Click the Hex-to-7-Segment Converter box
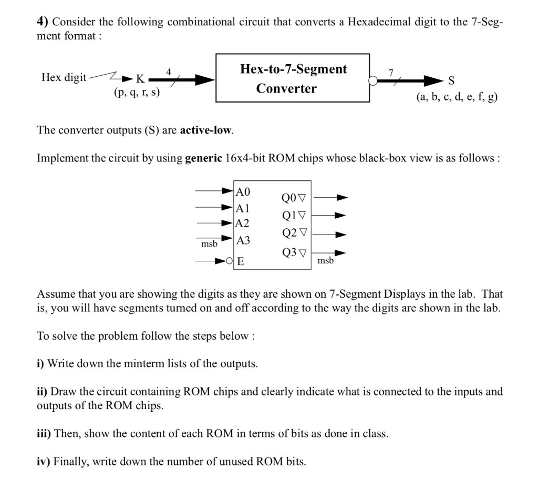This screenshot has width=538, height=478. click(293, 78)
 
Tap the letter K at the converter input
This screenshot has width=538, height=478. click(140, 79)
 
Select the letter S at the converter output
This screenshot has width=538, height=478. click(450, 80)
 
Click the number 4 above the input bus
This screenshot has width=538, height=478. click(168, 71)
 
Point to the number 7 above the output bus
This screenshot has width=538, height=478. click(390, 72)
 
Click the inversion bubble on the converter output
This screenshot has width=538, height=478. click(373, 80)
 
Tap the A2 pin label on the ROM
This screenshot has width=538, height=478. click(243, 223)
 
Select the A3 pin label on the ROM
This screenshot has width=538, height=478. click(243, 241)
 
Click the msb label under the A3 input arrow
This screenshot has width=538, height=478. click(209, 245)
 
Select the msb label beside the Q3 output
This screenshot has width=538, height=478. click(325, 260)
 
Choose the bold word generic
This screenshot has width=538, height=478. click(204, 158)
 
